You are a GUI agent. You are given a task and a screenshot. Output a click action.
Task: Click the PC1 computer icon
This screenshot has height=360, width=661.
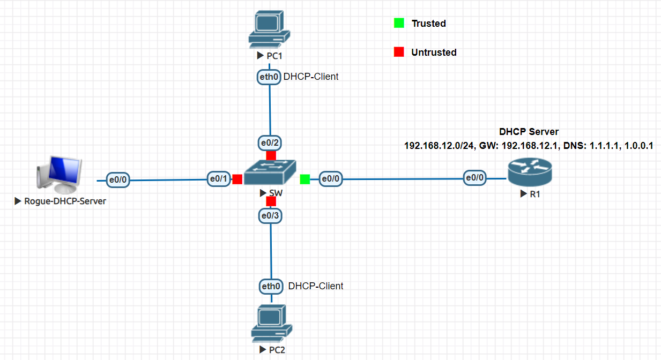click(x=269, y=29)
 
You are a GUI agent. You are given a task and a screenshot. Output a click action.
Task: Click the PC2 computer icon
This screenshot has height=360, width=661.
click(x=272, y=324)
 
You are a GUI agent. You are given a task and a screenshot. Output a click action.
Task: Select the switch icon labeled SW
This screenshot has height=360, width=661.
click(x=271, y=173)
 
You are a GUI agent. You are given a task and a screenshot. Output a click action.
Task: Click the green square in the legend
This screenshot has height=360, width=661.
click(x=398, y=23)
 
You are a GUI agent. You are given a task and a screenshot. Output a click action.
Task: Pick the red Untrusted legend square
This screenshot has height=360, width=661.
click(x=398, y=52)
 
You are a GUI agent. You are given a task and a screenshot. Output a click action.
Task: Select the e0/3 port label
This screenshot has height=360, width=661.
click(x=271, y=215)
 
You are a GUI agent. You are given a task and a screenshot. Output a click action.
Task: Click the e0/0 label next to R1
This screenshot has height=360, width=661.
click(x=475, y=178)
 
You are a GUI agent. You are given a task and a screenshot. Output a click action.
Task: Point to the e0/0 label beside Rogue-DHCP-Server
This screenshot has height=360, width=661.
click(x=118, y=180)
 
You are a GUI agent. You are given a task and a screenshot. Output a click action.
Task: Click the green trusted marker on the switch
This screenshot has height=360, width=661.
click(x=305, y=179)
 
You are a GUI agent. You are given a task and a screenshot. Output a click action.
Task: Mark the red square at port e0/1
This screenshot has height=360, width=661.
click(x=237, y=179)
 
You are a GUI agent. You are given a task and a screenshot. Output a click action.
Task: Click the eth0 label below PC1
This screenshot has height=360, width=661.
click(x=269, y=77)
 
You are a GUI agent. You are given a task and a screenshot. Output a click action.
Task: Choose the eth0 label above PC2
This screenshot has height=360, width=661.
click(x=271, y=286)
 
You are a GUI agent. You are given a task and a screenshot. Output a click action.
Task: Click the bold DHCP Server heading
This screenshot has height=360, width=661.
click(x=529, y=131)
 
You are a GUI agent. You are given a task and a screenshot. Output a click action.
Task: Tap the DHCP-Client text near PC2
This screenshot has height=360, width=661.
click(x=316, y=286)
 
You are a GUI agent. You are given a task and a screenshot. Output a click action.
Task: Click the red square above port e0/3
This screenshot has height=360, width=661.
click(x=271, y=201)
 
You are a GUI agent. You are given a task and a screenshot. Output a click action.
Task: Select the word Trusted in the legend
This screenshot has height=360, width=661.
click(x=428, y=24)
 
